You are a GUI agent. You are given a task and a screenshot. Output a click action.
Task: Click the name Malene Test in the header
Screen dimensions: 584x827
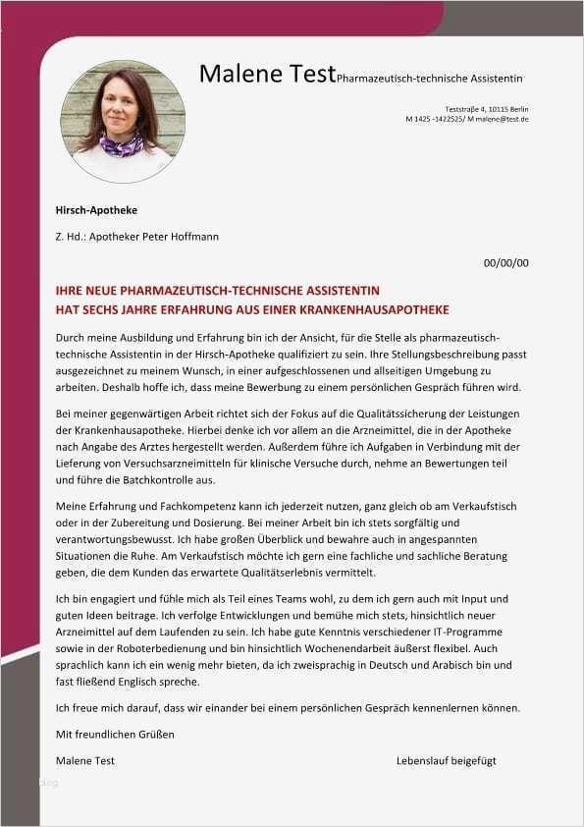coord(266,73)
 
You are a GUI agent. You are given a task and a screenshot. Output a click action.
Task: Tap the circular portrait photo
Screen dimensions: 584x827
coord(123,121)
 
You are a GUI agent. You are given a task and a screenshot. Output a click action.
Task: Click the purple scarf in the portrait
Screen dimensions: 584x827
coord(122,145)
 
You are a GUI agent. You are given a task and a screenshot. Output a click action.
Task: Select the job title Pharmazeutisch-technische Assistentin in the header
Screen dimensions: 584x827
coord(429,78)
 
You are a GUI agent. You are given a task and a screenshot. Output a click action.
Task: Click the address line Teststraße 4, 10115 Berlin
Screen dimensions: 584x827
coord(487,108)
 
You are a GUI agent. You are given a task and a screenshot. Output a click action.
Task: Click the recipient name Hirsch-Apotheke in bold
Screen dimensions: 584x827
coord(97,210)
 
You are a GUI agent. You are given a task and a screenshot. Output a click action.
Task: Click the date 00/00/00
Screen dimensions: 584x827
coord(506,263)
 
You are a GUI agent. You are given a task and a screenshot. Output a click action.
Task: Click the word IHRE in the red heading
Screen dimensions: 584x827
coord(71,292)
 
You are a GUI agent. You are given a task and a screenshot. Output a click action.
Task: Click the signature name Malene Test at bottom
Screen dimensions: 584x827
coord(85,761)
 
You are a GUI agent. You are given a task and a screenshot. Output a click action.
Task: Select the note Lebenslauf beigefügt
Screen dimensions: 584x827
coord(447,761)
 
